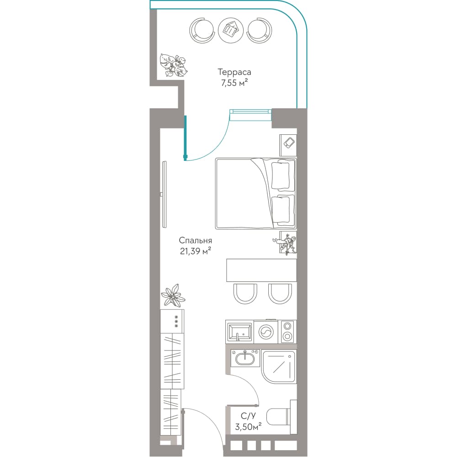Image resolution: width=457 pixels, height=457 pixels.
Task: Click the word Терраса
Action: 234,72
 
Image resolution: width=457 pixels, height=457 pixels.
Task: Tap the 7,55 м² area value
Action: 234,83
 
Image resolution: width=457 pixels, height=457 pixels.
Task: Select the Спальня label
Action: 195,241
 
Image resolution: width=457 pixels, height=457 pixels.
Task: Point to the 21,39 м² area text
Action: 195,251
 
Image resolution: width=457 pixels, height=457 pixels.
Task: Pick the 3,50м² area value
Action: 248,427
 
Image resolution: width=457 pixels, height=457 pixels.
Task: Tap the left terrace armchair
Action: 202,30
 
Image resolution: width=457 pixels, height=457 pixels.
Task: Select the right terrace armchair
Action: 260,30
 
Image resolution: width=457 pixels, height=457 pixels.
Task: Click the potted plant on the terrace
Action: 174,65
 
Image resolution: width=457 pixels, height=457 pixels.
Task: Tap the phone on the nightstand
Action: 289,143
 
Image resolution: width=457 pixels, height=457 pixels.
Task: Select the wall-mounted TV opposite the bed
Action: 164,194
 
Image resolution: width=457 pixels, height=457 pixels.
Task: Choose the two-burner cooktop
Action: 288,332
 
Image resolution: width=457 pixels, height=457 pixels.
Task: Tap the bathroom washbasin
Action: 245,358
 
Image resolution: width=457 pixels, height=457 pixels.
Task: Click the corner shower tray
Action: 279,367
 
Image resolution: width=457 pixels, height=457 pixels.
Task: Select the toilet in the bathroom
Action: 280,417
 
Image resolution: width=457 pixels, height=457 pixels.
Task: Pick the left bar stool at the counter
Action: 245,294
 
